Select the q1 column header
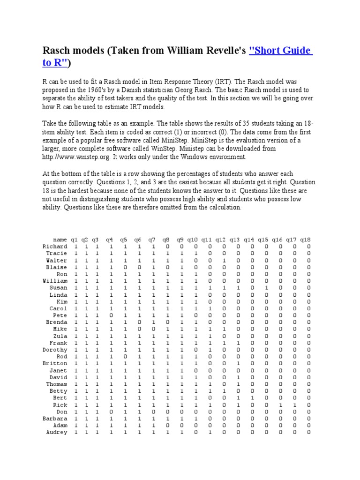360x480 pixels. click(74, 240)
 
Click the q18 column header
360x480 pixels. click(306, 240)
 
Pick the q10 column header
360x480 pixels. click(193, 240)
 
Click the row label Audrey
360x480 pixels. click(56, 432)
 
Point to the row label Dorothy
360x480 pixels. click(55, 350)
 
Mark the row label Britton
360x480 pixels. click(55, 363)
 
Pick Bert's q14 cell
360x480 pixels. click(252, 398)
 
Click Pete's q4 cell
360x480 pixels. click(110, 315)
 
